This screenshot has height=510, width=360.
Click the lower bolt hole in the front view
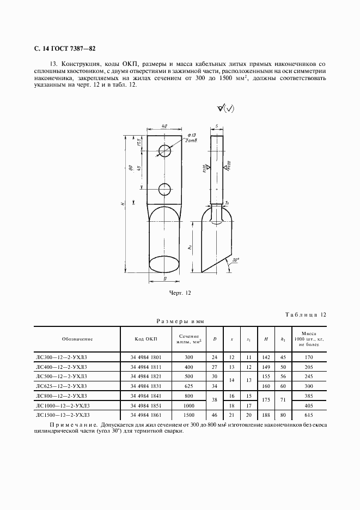[x=164, y=189]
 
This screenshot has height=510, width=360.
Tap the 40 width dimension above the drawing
[x=164, y=126]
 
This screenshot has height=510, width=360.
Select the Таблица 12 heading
[x=306, y=314]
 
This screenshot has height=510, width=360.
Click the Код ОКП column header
[x=146, y=339]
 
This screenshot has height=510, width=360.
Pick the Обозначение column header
[x=77, y=339]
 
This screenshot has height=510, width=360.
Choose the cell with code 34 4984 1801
[x=146, y=357]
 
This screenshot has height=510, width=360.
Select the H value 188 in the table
[x=266, y=415]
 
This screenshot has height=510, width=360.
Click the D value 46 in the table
[x=215, y=415]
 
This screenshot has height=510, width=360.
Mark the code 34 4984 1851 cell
[x=146, y=406]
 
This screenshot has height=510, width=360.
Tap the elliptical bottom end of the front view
[x=164, y=266]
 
